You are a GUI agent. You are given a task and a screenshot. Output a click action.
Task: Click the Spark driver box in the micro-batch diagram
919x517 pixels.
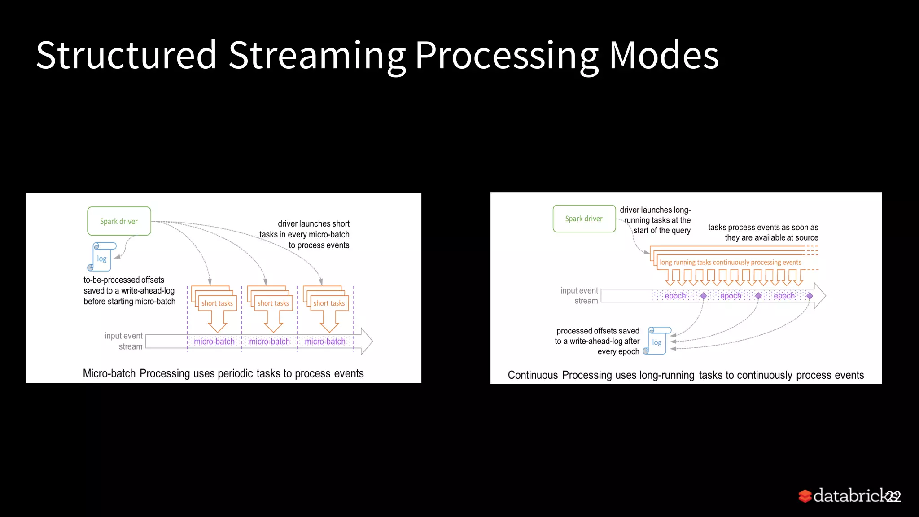[x=119, y=221]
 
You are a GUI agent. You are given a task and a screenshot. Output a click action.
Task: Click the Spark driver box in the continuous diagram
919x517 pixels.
[x=584, y=219]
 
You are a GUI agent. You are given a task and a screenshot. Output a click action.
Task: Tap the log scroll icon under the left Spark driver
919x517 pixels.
[x=102, y=258]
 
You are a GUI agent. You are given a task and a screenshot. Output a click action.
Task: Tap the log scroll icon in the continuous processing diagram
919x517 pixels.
[x=657, y=341]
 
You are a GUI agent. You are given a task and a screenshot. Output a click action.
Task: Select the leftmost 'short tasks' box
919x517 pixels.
[x=217, y=303]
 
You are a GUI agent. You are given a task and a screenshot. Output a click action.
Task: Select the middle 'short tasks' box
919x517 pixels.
[x=273, y=303]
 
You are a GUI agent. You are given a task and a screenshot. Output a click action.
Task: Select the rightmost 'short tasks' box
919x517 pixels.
[x=329, y=303]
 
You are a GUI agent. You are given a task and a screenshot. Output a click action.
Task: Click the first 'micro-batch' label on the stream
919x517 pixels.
[x=214, y=342]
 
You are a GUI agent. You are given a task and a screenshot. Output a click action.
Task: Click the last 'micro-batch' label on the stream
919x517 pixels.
[x=325, y=342]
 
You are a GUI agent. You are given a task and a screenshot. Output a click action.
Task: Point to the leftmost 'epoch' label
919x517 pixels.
[x=675, y=296]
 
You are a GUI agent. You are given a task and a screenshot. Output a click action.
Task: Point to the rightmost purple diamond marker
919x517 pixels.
[x=810, y=296]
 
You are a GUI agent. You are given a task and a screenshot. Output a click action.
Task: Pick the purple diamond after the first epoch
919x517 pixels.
[x=704, y=296]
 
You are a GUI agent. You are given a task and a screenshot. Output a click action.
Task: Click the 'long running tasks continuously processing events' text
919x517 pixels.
[x=730, y=263]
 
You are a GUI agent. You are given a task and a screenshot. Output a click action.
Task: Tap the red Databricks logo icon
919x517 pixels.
[x=805, y=496]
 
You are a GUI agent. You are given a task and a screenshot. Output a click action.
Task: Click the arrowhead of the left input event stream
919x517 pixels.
[x=367, y=341]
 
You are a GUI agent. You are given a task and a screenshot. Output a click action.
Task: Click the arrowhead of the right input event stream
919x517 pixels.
[x=820, y=295]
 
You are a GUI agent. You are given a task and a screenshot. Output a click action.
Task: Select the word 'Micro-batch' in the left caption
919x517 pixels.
[x=109, y=373]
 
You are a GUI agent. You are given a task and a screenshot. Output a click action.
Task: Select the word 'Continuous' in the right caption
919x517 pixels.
[x=533, y=375]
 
